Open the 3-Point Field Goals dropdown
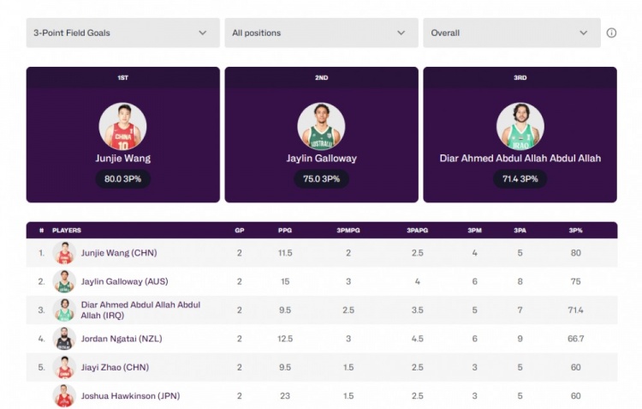(121, 33)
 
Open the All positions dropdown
(319, 33)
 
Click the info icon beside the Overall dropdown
(611, 33)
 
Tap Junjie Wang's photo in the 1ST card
(122, 126)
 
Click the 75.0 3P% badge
(321, 178)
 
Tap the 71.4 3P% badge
(520, 178)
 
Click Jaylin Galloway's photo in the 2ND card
(321, 126)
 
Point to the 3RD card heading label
(520, 77)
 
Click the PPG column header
(285, 231)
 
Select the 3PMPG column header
(348, 231)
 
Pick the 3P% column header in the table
(575, 231)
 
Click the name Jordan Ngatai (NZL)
(122, 339)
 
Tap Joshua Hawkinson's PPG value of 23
(285, 396)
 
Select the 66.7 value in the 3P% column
(575, 339)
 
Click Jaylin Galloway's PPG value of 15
(285, 281)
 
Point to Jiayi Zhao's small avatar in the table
(64, 367)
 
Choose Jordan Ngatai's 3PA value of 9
(520, 339)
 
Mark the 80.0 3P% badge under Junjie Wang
(122, 178)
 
